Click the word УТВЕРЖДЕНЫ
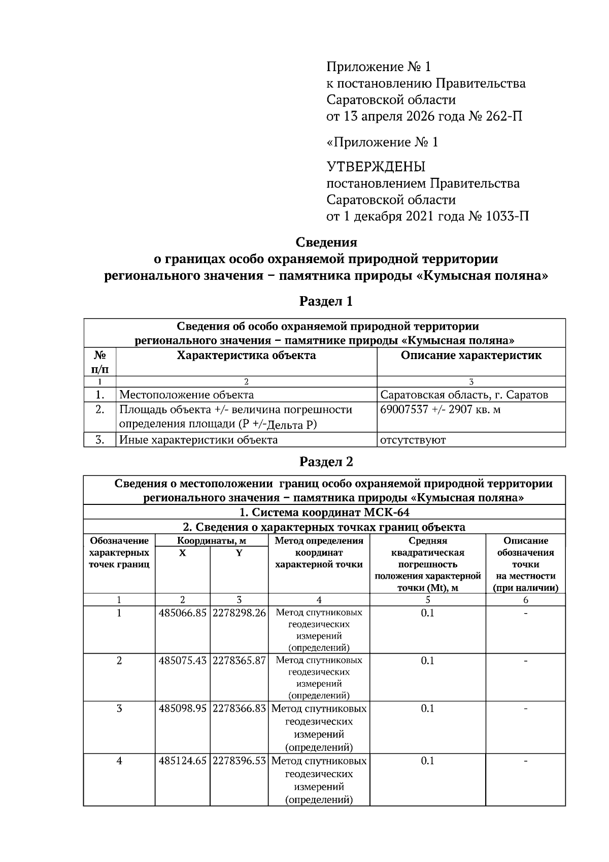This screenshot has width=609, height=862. click(376, 167)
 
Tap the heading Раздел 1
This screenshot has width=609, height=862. click(326, 301)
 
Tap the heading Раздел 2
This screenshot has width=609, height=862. click(326, 462)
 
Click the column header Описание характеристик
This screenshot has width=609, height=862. click(471, 356)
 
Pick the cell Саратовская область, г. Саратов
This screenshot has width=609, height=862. click(464, 395)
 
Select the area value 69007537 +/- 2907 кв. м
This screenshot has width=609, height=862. click(440, 409)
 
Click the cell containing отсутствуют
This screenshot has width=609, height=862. click(413, 440)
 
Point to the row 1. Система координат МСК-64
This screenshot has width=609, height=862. click(324, 512)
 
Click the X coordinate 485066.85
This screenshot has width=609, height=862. click(182, 613)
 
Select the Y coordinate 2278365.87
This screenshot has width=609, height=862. click(239, 661)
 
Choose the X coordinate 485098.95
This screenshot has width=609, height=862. click(182, 708)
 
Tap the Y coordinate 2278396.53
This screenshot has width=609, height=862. click(239, 761)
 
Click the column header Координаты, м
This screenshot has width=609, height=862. click(211, 540)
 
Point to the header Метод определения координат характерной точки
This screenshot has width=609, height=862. click(319, 553)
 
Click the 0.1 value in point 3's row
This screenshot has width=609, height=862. click(427, 708)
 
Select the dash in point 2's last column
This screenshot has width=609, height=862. click(525, 661)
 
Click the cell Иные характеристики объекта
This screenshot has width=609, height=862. click(198, 440)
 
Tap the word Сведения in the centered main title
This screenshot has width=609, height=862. click(326, 242)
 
